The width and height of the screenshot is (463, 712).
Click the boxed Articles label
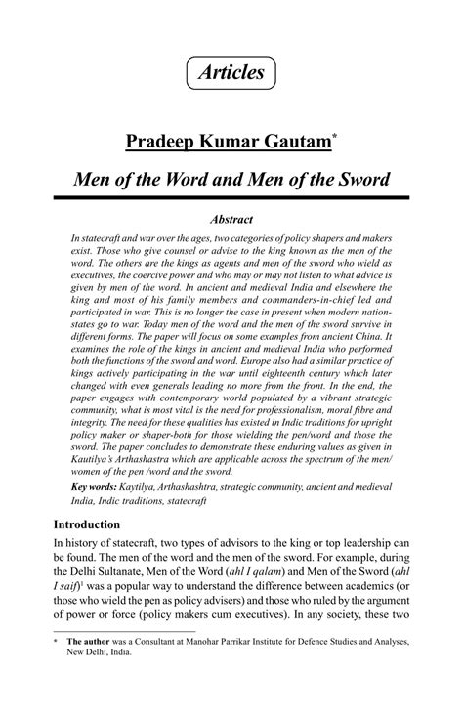(231, 72)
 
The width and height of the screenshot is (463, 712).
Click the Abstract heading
(231, 220)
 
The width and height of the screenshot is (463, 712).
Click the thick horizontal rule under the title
(231, 199)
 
